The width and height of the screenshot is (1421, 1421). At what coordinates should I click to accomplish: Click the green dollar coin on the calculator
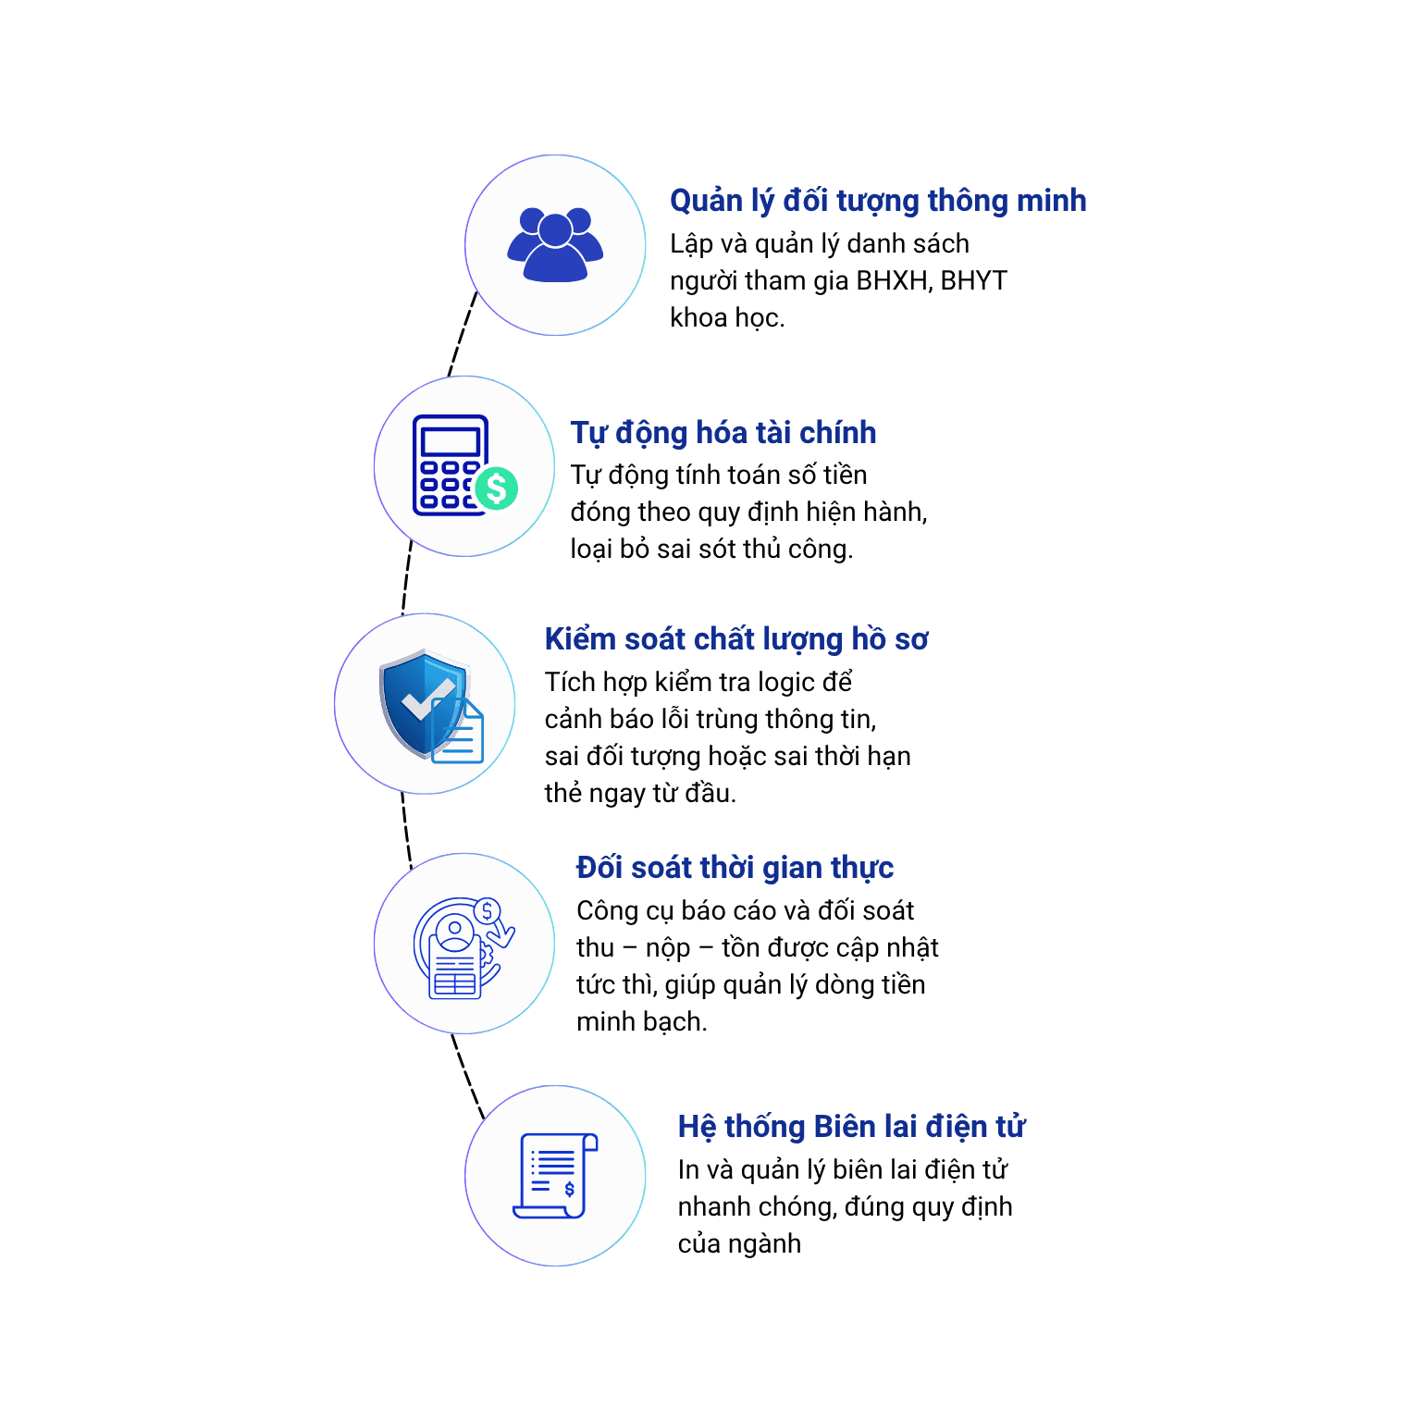tap(497, 488)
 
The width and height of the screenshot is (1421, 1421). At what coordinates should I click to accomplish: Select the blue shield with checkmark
tap(423, 702)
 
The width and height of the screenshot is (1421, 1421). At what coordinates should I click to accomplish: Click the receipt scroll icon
tap(556, 1176)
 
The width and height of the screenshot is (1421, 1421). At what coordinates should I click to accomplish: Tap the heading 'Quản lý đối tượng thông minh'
tap(878, 201)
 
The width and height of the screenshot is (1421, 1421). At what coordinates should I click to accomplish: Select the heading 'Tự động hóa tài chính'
tap(723, 433)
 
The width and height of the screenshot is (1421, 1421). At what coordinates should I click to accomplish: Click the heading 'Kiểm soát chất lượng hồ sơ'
tap(736, 639)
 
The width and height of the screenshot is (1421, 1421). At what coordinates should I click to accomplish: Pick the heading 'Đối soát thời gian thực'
tap(735, 868)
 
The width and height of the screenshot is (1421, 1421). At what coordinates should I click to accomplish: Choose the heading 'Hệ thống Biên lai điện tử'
tap(851, 1127)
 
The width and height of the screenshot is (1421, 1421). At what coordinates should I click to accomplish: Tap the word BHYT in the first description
tap(973, 280)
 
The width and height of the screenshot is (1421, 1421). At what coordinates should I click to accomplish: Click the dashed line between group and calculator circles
tap(463, 334)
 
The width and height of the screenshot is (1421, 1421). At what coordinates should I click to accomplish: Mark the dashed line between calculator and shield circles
tap(406, 577)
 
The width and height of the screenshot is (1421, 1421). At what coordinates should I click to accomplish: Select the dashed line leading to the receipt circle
tap(467, 1077)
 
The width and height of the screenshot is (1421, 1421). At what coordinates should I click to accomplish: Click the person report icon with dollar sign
tap(463, 947)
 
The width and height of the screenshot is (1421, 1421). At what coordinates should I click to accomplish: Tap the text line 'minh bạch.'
tap(641, 1022)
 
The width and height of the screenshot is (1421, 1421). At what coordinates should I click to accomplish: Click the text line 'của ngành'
tap(739, 1244)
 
